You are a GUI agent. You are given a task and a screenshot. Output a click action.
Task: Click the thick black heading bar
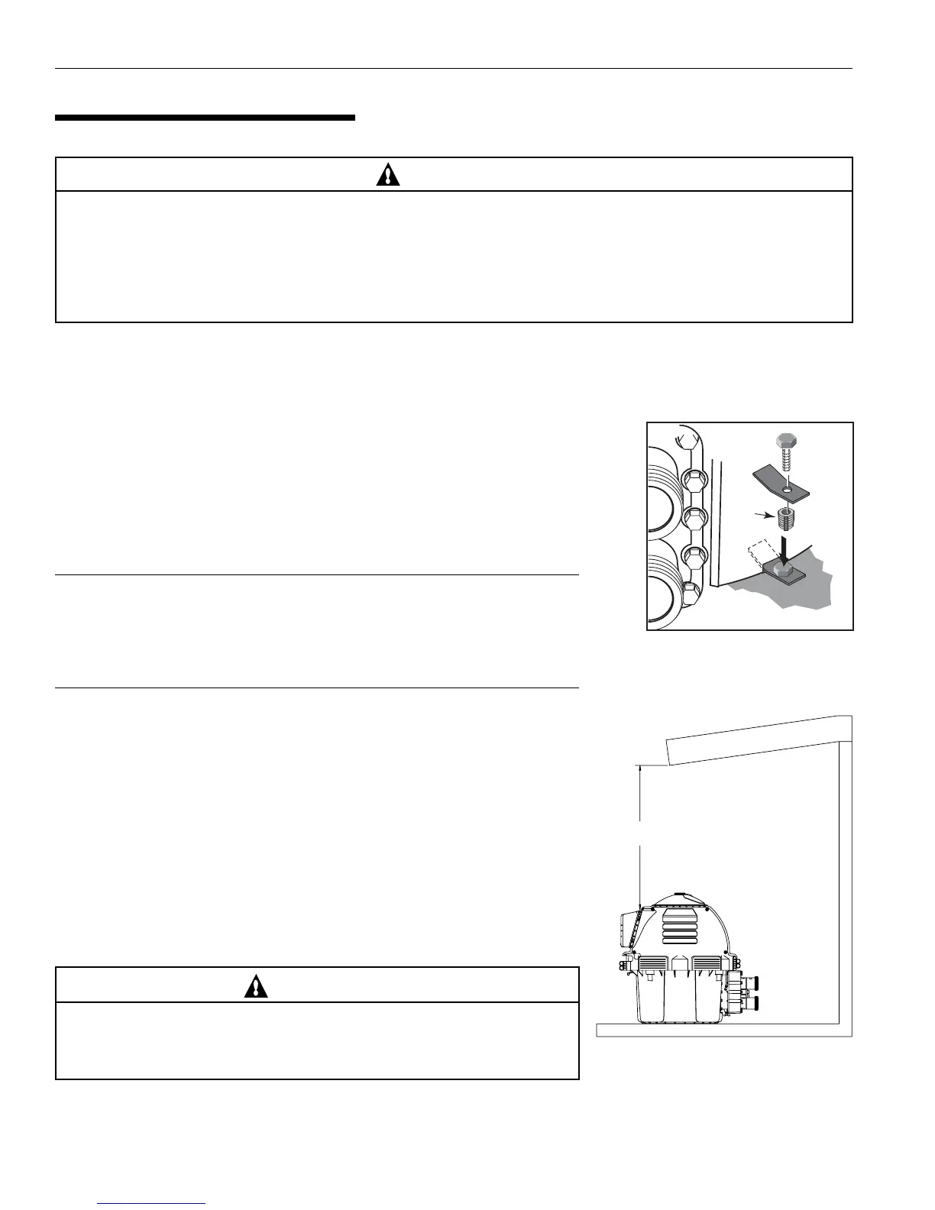[x=205, y=118]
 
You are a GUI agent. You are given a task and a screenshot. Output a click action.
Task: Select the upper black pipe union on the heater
[x=752, y=983]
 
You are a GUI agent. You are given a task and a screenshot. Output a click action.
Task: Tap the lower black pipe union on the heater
[x=752, y=1002]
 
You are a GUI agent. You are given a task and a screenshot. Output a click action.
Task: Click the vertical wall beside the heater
[x=846, y=878]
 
